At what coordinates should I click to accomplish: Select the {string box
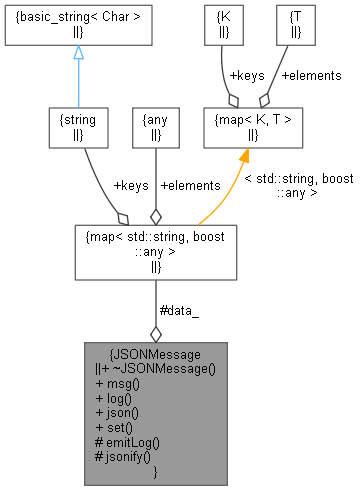pos(78,127)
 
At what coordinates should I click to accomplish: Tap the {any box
pos(155,127)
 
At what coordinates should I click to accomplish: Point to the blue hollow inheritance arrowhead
pos(78,53)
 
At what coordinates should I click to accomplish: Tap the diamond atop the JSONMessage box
pos(155,333)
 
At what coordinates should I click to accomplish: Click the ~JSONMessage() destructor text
pos(164,368)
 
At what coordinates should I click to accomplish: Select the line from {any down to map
pos(155,180)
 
